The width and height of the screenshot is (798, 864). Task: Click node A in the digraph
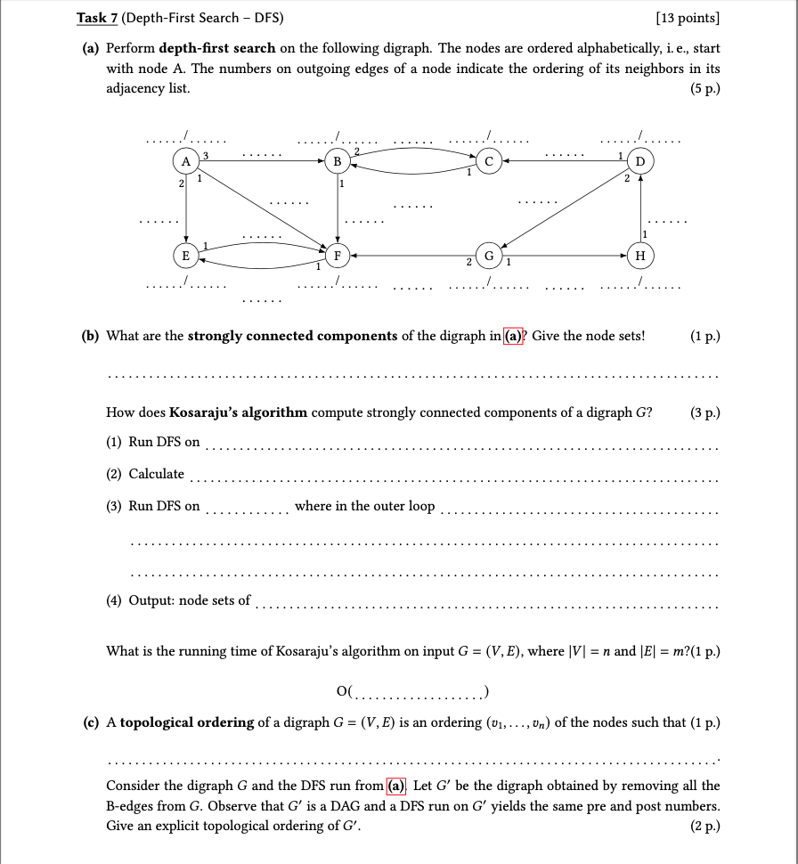185,161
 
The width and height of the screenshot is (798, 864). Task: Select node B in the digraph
337,161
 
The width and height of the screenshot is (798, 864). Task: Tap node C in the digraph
488,161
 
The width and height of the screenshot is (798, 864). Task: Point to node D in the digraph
640,161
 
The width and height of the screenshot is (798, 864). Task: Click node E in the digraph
185,256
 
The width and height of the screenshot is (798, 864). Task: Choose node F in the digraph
337,256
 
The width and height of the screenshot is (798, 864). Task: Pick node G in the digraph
488,256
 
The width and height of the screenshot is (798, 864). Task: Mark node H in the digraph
640,256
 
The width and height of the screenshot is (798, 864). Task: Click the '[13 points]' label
687,17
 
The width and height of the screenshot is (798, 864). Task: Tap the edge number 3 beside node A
206,155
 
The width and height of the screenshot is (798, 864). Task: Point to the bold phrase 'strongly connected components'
292,336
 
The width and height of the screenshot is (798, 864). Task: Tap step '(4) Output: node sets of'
178,599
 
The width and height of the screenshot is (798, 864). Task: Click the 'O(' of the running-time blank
345,690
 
